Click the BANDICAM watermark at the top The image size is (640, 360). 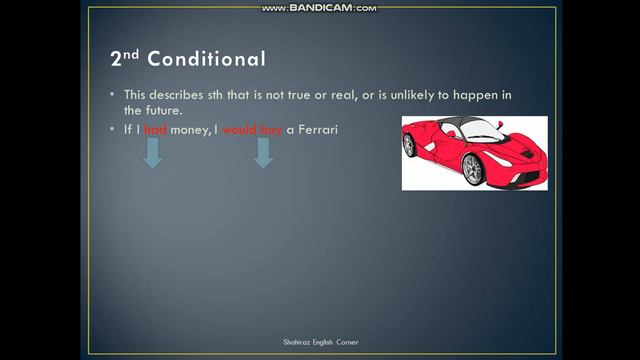[319, 8]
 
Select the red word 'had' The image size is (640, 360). [154, 131]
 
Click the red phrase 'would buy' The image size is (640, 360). [259, 131]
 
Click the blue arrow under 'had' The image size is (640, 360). [153, 154]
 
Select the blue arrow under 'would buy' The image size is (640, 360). [263, 154]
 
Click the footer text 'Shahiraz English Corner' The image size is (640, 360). [319, 342]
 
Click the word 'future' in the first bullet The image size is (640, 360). [168, 110]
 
